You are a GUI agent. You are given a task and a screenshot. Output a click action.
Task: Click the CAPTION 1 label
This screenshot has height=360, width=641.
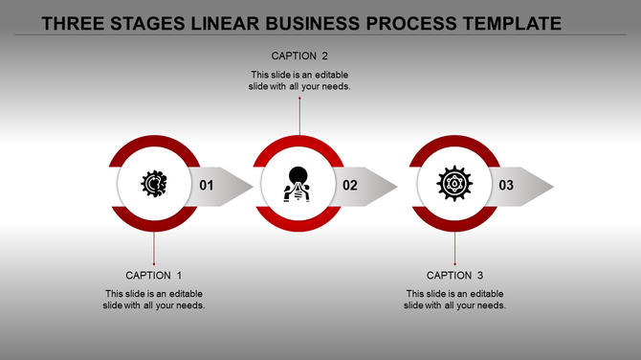pyautogui.click(x=154, y=276)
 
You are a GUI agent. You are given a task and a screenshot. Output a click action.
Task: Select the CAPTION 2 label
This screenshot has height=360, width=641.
pyautogui.click(x=300, y=56)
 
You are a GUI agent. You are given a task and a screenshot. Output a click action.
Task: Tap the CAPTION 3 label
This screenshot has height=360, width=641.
pyautogui.click(x=454, y=276)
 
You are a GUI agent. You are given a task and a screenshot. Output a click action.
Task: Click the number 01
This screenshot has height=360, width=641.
pyautogui.click(x=207, y=185)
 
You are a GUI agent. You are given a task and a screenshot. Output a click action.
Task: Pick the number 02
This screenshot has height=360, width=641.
pyautogui.click(x=350, y=185)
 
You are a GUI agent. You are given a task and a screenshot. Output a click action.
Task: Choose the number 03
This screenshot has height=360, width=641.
pyautogui.click(x=506, y=185)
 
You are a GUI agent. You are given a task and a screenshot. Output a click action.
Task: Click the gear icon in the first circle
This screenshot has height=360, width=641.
pyautogui.click(x=154, y=183)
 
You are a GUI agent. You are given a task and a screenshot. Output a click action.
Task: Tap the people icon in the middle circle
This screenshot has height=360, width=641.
pyautogui.click(x=299, y=183)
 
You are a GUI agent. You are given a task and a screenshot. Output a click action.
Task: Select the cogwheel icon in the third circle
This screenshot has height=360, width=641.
pyautogui.click(x=454, y=183)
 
